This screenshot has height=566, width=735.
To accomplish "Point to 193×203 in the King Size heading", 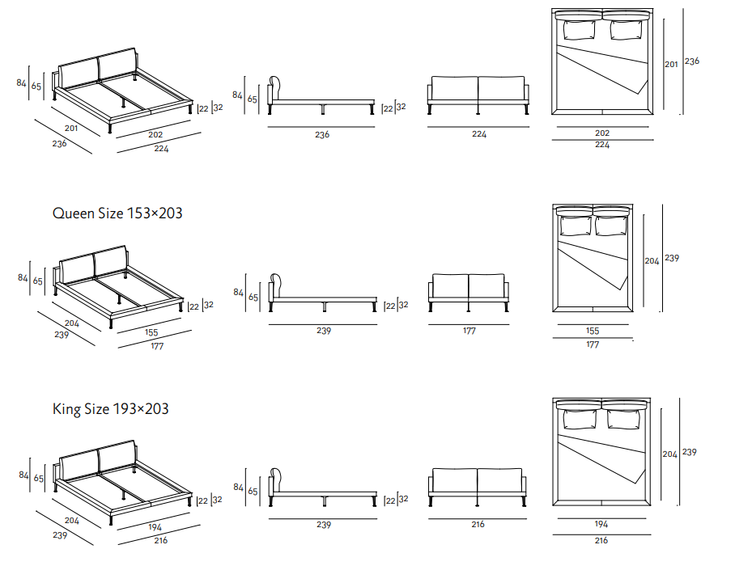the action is tap(141, 409).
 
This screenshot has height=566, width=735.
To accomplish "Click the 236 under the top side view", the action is tap(322, 135).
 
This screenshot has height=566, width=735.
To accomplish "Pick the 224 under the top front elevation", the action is tap(479, 134).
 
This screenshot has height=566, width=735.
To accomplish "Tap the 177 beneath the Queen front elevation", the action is tap(469, 331).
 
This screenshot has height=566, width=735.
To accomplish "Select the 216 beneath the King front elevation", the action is tap(478, 524).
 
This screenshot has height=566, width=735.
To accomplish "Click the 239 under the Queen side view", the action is tap(324, 331).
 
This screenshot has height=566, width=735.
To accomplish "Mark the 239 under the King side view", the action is tap(324, 525).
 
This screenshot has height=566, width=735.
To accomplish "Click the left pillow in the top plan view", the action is tap(579, 30).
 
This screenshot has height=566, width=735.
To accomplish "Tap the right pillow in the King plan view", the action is tap(623, 419).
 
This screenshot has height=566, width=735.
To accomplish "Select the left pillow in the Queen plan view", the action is tap(576, 226).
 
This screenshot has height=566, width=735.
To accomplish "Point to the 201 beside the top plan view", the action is tap(671, 64).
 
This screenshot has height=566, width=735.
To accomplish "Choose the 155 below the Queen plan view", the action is tap(593, 331).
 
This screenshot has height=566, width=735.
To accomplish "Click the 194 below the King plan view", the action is tap(601, 524).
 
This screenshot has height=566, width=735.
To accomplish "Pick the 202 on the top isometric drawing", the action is tap(155, 135).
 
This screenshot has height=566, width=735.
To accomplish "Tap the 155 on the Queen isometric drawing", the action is tap(151, 332).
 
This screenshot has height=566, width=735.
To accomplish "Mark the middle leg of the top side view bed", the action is tap(323, 109).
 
